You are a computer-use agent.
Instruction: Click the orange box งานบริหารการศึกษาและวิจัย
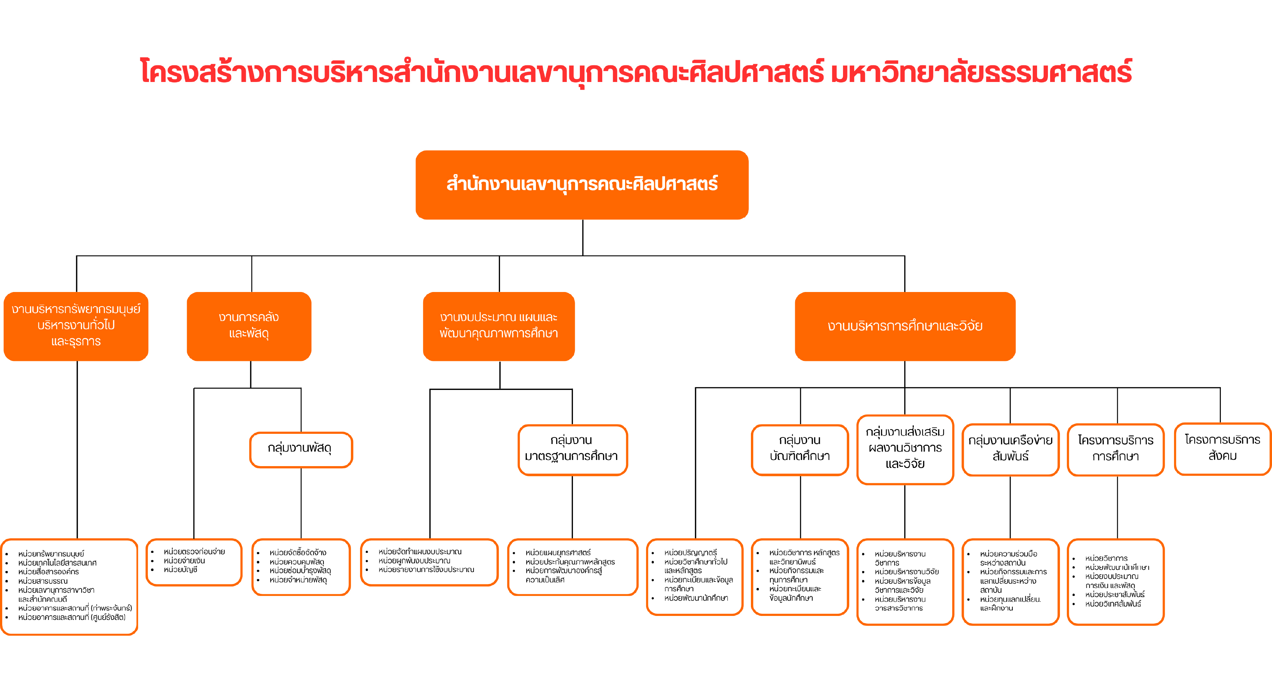[x=905, y=326]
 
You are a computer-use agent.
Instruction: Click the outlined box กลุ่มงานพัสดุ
[x=300, y=449]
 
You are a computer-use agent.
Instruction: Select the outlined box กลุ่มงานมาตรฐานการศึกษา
[x=572, y=449]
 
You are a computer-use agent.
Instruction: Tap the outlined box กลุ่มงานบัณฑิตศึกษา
[x=800, y=449]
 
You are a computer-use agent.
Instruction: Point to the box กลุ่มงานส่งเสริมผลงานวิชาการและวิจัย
[x=905, y=449]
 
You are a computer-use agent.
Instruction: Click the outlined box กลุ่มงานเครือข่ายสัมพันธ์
[x=1010, y=449]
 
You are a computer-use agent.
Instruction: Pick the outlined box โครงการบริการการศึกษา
[x=1115, y=449]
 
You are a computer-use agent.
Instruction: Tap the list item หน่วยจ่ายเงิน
[x=184, y=561]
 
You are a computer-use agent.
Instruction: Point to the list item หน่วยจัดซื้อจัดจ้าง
[x=298, y=552]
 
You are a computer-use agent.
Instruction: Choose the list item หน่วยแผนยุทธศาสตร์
[x=558, y=552]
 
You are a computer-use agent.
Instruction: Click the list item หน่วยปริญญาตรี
[x=690, y=552]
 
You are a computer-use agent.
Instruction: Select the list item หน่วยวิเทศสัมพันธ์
[x=1113, y=604]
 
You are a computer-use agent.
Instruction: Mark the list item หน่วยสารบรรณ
[x=43, y=581]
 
